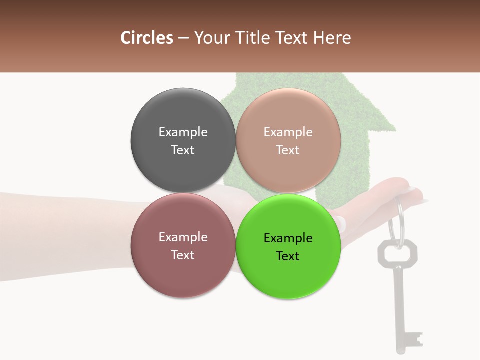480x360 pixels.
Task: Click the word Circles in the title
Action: click(x=146, y=38)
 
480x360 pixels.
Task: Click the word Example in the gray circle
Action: click(x=183, y=132)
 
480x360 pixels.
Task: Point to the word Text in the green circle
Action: click(x=288, y=256)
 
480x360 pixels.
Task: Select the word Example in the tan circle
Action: click(x=288, y=132)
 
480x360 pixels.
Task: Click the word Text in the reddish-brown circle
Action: click(x=183, y=255)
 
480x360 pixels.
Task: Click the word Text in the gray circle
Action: click(x=183, y=150)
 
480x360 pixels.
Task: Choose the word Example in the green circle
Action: click(x=288, y=238)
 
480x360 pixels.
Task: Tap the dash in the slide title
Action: click(x=183, y=38)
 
